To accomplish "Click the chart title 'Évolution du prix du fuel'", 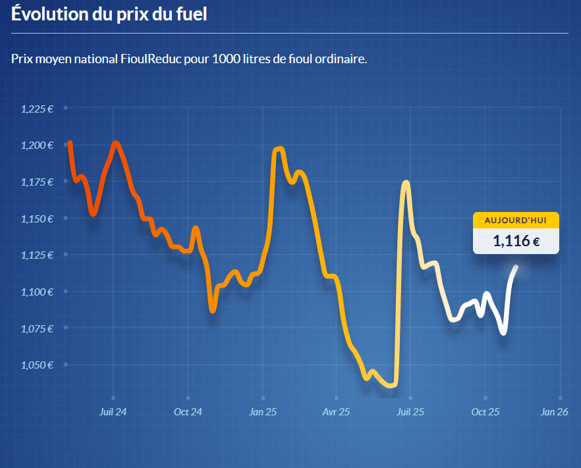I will click(x=109, y=14).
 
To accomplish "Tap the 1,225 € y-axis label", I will click(x=37, y=109).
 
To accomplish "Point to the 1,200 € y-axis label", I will click(x=37, y=145).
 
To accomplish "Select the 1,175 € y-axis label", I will click(x=37, y=182).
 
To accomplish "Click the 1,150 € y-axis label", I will click(x=37, y=218).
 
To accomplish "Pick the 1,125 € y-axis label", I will click(x=37, y=255).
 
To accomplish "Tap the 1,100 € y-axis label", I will click(x=37, y=291).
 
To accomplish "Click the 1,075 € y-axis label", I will click(x=37, y=328).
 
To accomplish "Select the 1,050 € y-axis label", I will click(x=37, y=364).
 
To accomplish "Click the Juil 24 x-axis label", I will click(x=113, y=412).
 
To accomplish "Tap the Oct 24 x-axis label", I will click(x=188, y=412).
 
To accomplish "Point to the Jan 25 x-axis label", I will click(x=263, y=412).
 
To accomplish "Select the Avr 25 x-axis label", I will click(x=336, y=412).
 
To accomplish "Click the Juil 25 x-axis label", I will click(x=410, y=412).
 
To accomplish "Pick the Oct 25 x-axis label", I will click(x=485, y=412).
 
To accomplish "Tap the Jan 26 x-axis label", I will click(x=554, y=412).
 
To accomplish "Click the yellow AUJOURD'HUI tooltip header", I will click(x=516, y=220).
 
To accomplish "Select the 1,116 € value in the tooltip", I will click(x=516, y=241).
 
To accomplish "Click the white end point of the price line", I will click(x=516, y=267).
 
